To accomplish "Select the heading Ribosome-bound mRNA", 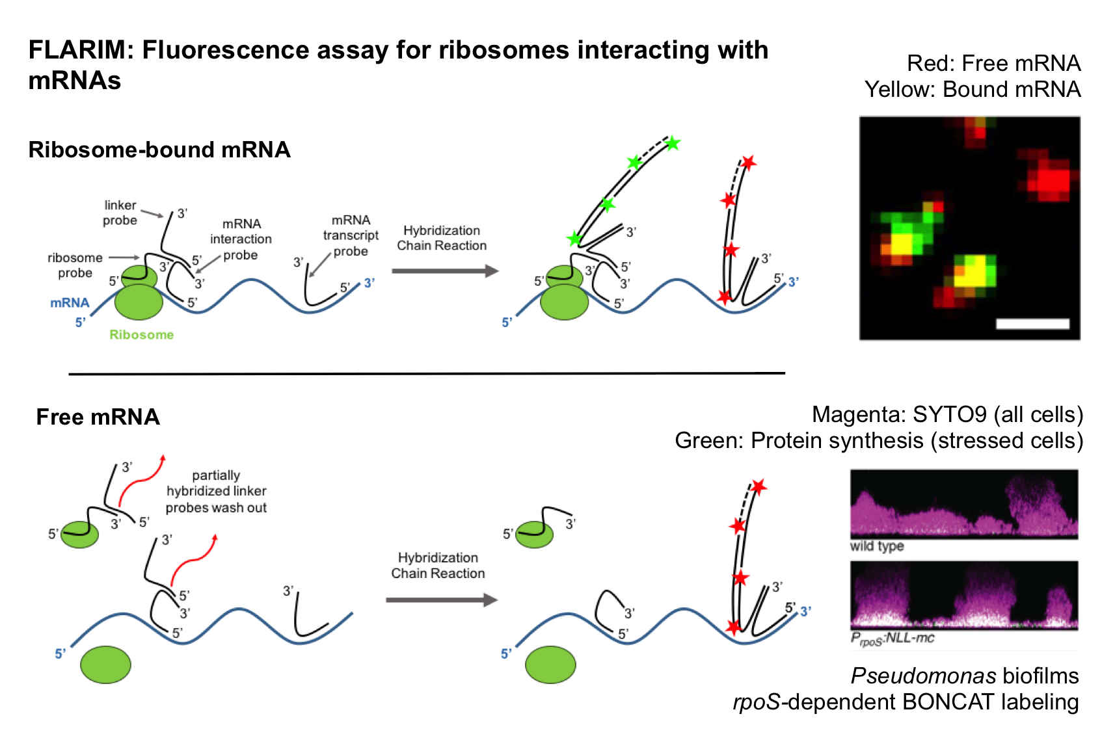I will (159, 150).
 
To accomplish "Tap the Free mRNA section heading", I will (98, 417).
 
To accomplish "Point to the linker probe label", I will (120, 213).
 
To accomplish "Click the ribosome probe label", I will (75, 265).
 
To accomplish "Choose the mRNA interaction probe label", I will (241, 239).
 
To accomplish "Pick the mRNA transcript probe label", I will (351, 235).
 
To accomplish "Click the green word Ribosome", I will (141, 335).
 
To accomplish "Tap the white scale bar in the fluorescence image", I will (1032, 324).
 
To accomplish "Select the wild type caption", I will (877, 546).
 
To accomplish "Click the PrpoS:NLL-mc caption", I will (892, 639).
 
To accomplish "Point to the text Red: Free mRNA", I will (993, 63).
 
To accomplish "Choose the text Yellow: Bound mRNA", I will (972, 89).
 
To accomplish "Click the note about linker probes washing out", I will (216, 492).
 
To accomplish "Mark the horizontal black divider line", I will (427, 374).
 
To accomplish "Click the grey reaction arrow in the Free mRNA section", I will (441, 600).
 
